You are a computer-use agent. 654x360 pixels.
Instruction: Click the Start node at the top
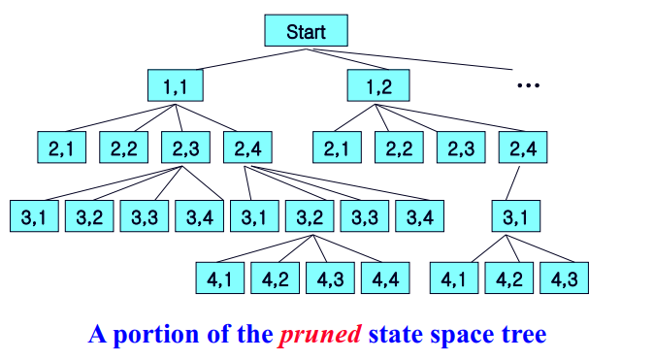click(x=306, y=31)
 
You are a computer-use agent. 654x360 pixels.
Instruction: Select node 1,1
click(x=176, y=87)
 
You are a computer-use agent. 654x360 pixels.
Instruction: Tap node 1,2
click(x=377, y=87)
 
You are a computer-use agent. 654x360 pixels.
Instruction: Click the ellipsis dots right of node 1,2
click(x=527, y=86)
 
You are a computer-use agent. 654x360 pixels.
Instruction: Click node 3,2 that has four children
click(x=310, y=215)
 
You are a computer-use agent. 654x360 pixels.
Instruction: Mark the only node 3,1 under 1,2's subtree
click(x=515, y=215)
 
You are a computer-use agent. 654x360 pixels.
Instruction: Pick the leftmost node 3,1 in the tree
click(x=34, y=215)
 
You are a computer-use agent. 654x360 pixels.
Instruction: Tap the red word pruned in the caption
click(x=320, y=336)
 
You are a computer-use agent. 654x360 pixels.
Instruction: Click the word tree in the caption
click(x=525, y=336)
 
